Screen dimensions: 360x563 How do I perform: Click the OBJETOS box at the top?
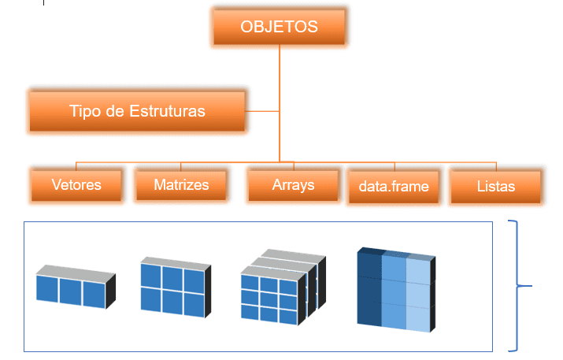280,28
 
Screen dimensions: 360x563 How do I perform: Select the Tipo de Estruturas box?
137,112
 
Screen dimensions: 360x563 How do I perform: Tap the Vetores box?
76,186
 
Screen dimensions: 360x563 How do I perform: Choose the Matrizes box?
181,185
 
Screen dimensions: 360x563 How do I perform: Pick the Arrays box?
293,185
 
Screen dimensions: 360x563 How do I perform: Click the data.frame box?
393,187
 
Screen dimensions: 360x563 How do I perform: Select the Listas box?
495,187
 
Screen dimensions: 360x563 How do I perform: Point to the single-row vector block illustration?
76,288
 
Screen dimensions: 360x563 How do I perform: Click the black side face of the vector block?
111,292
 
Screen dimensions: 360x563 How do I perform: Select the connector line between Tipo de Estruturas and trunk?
262,112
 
